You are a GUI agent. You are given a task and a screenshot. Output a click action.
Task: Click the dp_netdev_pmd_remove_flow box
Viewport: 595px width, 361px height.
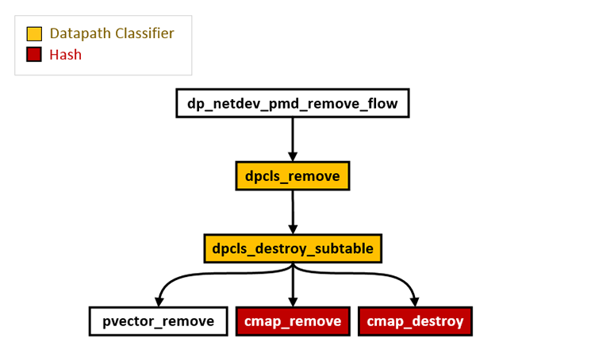292,103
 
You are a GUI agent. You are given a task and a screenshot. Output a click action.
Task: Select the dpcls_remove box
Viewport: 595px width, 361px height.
293,175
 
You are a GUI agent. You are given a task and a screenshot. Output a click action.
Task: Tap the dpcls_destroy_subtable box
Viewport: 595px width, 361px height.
293,248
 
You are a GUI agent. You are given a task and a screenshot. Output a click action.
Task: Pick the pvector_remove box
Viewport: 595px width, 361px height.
158,321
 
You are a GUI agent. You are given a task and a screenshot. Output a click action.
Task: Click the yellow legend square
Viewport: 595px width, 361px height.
34,34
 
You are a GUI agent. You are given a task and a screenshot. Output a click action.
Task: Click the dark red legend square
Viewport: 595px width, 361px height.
34,55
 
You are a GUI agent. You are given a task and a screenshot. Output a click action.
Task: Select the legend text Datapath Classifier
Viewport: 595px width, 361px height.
111,34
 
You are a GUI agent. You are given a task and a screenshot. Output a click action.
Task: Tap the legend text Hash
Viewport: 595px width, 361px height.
65,55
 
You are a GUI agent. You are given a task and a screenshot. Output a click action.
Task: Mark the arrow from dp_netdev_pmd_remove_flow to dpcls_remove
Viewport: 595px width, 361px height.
293,135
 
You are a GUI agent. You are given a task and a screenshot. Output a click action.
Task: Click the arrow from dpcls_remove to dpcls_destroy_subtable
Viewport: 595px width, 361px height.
293,208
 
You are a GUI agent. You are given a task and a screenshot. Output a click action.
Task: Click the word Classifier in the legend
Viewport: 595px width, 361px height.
143,34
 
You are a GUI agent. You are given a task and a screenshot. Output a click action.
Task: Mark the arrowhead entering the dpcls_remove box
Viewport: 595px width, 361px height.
293,156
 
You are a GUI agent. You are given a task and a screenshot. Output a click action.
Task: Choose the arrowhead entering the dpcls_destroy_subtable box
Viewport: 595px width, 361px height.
293,229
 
